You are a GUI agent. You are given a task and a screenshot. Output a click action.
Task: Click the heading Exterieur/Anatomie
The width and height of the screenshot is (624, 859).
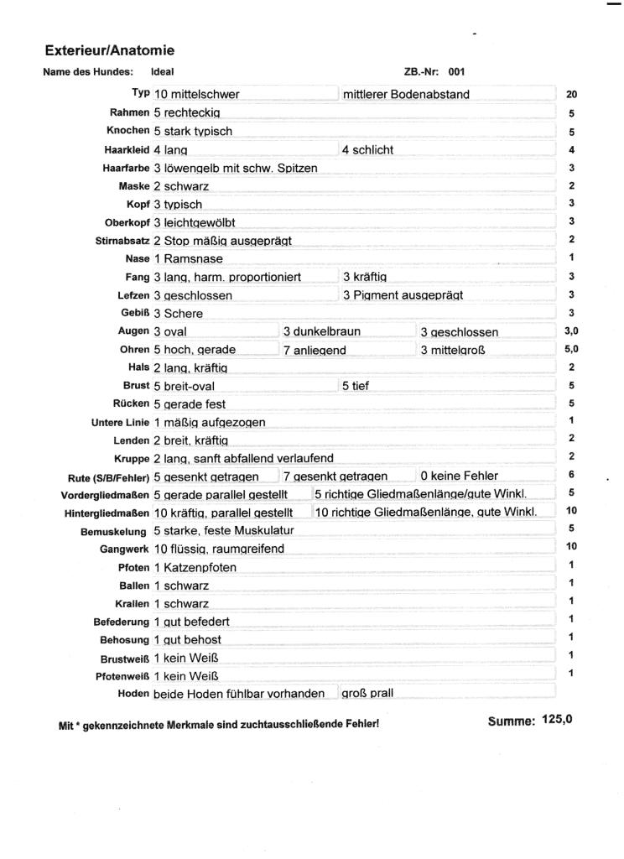pyautogui.click(x=110, y=51)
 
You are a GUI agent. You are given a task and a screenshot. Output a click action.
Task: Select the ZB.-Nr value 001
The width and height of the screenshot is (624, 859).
pyautogui.click(x=455, y=72)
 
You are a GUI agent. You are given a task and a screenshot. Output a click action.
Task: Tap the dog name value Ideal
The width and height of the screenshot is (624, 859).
pyautogui.click(x=163, y=72)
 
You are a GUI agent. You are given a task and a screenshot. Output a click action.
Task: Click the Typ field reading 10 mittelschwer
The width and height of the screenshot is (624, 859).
pyautogui.click(x=197, y=94)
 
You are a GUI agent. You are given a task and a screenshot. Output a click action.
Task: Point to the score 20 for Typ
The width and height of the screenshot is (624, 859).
pyautogui.click(x=571, y=95)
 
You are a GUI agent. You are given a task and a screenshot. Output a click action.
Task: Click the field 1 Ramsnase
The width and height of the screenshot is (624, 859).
pyautogui.click(x=188, y=258)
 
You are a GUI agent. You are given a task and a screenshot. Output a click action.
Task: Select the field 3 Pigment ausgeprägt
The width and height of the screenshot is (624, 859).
pyautogui.click(x=403, y=295)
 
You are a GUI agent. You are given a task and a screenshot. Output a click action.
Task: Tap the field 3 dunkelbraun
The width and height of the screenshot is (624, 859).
pyautogui.click(x=321, y=331)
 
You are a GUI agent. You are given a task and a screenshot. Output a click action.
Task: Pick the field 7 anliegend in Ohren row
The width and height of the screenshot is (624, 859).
pyautogui.click(x=315, y=350)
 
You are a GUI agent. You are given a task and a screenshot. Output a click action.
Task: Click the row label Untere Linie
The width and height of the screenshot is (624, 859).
pyautogui.click(x=120, y=422)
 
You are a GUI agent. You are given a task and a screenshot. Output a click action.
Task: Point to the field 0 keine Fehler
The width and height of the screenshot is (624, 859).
pyautogui.click(x=459, y=476)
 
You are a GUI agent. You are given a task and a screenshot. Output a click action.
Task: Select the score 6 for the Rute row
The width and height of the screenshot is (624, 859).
pyautogui.click(x=571, y=475)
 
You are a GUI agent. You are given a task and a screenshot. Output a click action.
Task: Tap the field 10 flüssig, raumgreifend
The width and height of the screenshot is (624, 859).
pyautogui.click(x=219, y=549)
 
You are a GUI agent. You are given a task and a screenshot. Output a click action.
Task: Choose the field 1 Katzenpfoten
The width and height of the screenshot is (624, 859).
pyautogui.click(x=195, y=567)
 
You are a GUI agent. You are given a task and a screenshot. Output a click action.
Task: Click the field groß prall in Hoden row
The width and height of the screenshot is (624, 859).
pyautogui.click(x=367, y=694)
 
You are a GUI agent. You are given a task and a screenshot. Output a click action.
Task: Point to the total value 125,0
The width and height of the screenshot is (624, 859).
pyautogui.click(x=557, y=719)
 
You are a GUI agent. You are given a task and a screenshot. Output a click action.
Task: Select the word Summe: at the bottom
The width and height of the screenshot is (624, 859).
pyautogui.click(x=511, y=721)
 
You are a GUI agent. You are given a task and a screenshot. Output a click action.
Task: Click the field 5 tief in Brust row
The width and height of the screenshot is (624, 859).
pyautogui.click(x=356, y=386)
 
